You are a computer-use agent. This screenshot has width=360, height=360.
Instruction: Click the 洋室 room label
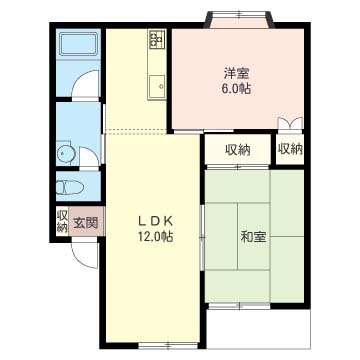237,73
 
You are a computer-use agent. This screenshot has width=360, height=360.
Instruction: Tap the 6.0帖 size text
236,89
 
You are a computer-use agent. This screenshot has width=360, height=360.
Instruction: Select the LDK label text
155,221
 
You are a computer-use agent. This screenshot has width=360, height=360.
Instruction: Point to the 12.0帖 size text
155,237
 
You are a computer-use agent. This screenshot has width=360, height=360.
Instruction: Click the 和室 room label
253,237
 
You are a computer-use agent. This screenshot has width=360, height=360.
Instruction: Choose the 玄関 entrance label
86,223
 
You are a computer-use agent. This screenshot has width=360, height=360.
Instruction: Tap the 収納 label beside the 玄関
62,221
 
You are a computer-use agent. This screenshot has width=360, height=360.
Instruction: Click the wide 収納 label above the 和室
238,150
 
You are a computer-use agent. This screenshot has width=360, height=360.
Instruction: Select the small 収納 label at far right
290,149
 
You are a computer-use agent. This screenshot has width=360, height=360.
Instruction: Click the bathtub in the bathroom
79,45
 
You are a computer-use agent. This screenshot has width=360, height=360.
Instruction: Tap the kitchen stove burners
157,39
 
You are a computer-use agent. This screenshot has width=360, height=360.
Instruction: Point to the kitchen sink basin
157,86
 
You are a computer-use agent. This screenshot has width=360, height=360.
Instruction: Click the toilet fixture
69,187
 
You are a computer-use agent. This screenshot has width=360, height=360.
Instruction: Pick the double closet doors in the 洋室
290,123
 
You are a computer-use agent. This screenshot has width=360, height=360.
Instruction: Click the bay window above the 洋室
240,19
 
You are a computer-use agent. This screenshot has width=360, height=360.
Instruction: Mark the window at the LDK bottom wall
169,345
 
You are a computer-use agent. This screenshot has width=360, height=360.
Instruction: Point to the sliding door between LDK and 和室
202,237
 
